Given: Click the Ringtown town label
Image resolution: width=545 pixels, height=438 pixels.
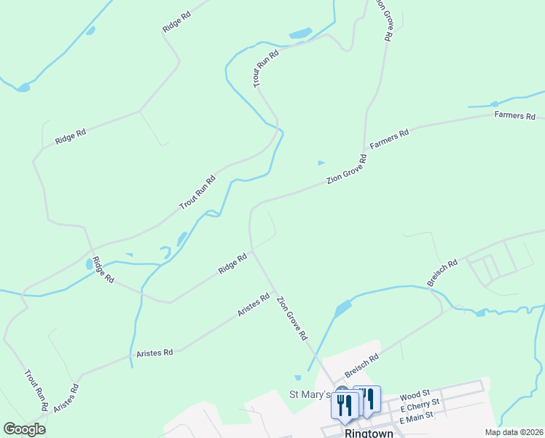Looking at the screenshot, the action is coord(369,432).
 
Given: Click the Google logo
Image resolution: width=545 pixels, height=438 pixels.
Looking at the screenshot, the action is coord(24,429).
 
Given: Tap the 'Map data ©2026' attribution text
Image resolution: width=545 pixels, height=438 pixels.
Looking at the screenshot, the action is coord(513,432).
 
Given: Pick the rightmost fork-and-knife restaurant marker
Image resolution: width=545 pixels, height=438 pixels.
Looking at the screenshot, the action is coord(367,399).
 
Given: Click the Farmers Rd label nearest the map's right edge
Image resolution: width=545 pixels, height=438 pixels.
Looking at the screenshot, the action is coord(514,116).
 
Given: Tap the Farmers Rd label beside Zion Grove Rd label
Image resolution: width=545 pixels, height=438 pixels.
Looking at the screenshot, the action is coord(390,138).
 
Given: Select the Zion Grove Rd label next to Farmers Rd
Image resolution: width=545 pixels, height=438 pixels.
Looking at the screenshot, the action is coord(346,169).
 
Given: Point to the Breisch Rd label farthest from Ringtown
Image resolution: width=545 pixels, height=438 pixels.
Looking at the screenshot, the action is coord(442,272).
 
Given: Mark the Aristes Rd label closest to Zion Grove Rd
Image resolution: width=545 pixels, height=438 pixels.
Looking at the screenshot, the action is coord(254,305).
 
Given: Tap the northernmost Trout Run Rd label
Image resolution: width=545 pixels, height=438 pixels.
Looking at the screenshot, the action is coord(267,69).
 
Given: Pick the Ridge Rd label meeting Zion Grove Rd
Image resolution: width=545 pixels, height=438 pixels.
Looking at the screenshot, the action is coord(233,264).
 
